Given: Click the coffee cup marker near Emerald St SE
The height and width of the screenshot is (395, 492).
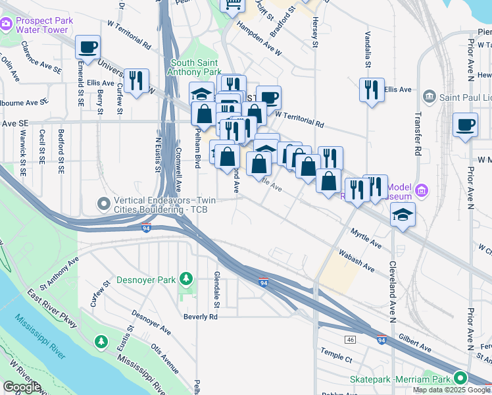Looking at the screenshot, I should point(87,47).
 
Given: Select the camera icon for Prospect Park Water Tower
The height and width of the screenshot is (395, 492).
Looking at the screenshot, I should point(7,24).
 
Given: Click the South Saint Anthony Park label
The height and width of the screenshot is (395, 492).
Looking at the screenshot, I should point(195,67).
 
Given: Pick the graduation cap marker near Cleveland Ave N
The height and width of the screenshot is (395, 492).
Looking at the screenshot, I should point(403,214).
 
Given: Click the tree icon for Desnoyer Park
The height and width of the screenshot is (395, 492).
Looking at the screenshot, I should point(187,279).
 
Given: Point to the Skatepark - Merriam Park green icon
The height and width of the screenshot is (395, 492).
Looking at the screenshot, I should point(460,379).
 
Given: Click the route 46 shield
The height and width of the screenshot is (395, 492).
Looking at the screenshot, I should point(351,338).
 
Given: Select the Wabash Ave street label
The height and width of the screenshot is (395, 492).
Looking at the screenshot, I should point(357,260).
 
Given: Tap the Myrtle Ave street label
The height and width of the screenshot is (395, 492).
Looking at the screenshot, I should point(366,238).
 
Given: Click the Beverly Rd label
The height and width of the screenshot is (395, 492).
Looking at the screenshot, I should point(200,317).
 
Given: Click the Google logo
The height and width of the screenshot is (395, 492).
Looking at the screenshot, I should point(22,387).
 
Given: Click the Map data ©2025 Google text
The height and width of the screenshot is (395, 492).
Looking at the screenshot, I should point(451,390).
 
